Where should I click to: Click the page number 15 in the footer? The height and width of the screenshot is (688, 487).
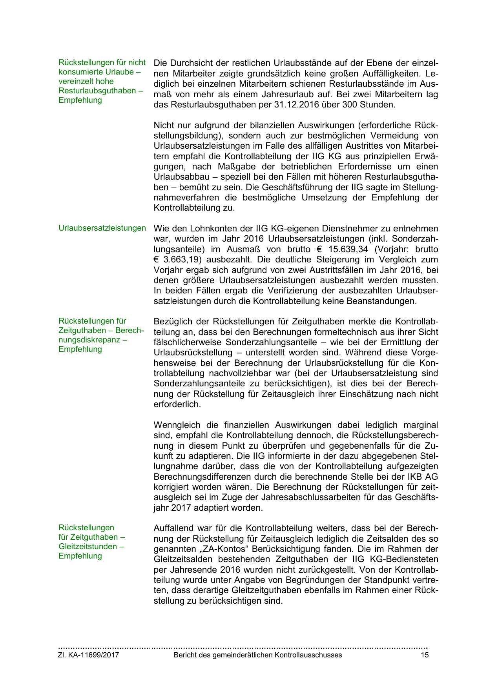[x=425, y=655]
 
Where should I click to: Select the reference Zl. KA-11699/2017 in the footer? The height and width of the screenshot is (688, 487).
[x=89, y=655]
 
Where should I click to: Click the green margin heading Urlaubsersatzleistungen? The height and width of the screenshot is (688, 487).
[x=102, y=228]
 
